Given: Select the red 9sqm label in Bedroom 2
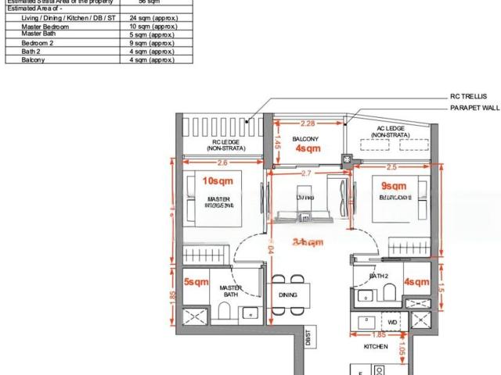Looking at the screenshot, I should click(394, 186).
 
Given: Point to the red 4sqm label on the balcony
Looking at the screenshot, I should click(308, 147).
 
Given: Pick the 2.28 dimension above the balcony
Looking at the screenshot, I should click(308, 123).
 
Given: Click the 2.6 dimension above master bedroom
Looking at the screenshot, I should click(222, 162).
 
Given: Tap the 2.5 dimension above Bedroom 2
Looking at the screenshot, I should click(391, 166).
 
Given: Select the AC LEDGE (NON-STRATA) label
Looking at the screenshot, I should click(391, 131).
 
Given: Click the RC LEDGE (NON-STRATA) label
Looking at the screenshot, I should click(224, 144).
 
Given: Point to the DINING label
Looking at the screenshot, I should click(287, 295).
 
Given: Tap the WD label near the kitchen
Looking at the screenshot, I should click(392, 321).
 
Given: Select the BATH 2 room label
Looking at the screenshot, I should click(379, 277).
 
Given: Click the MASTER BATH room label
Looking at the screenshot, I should click(229, 291).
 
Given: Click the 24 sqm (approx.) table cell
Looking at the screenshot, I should click(151, 18).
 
